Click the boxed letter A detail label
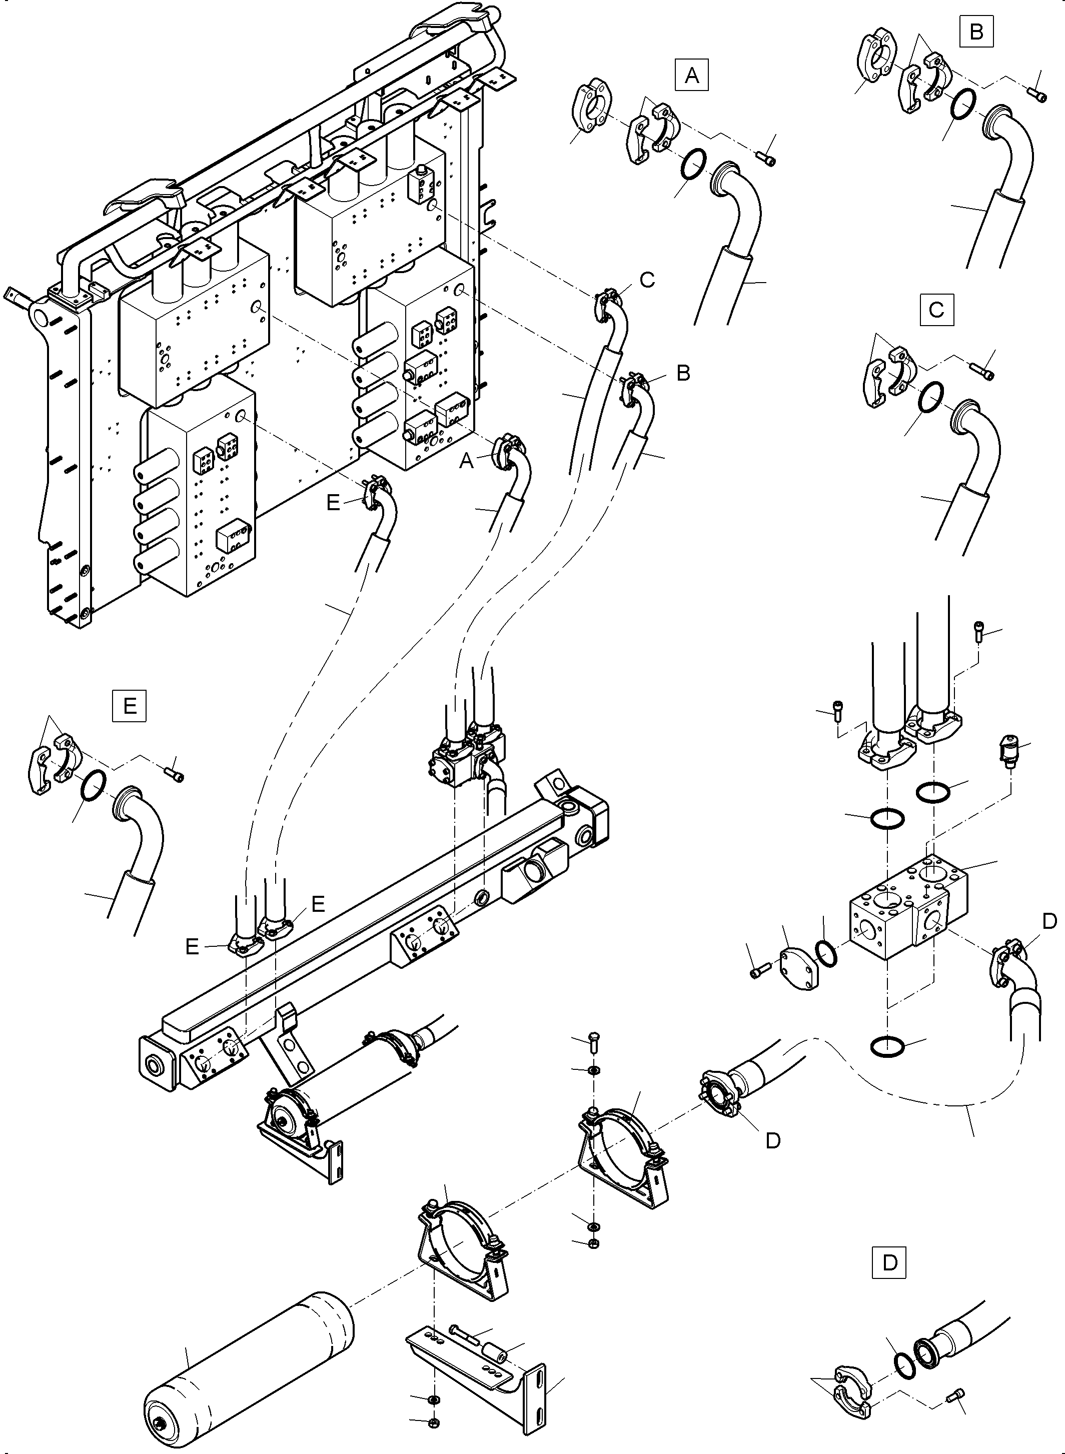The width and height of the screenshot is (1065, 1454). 692,76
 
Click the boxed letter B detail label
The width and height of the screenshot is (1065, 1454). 976,32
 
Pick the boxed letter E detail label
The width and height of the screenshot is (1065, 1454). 130,706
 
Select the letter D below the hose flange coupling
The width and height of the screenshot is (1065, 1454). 772,1141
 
